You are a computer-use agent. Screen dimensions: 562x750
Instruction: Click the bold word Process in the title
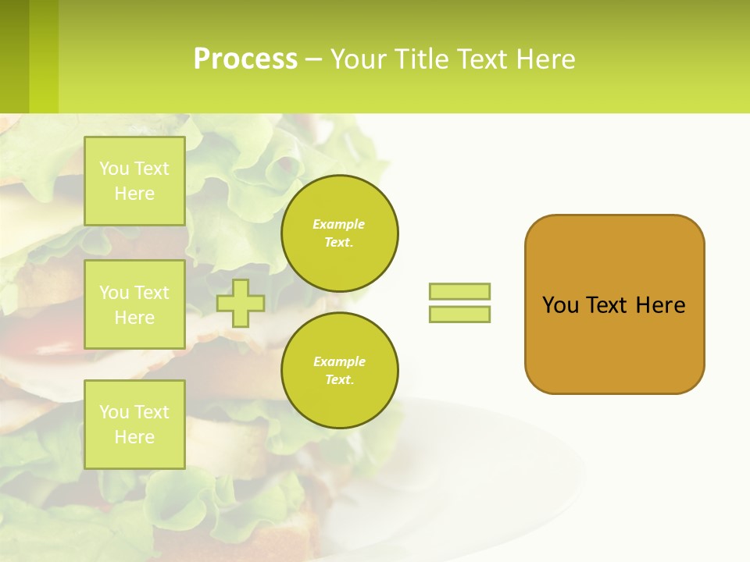pyautogui.click(x=245, y=59)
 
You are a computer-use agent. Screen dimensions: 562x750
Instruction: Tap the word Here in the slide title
pyautogui.click(x=545, y=59)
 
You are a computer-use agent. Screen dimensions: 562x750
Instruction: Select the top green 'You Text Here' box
pyautogui.click(x=134, y=181)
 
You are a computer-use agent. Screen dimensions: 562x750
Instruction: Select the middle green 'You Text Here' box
pyautogui.click(x=134, y=304)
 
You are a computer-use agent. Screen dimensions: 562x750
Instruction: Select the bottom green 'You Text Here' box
pyautogui.click(x=134, y=424)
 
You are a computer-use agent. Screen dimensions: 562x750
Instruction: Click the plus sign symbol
pyautogui.click(x=241, y=303)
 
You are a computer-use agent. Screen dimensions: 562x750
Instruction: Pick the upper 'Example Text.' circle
pyautogui.click(x=339, y=233)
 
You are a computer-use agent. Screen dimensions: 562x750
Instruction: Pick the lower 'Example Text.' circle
pyautogui.click(x=339, y=371)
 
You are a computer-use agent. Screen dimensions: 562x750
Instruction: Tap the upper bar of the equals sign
pyautogui.click(x=459, y=291)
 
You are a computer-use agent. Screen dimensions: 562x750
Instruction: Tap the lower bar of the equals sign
pyautogui.click(x=459, y=314)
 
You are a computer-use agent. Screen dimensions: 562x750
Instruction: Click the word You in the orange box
pyautogui.click(x=561, y=305)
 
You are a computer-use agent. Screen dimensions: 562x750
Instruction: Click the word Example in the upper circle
pyautogui.click(x=339, y=225)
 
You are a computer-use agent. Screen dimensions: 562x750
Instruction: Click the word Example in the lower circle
pyautogui.click(x=339, y=362)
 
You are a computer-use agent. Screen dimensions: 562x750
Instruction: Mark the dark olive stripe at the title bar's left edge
pyautogui.click(x=14, y=56)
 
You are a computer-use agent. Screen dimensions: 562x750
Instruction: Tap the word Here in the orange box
pyautogui.click(x=660, y=305)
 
